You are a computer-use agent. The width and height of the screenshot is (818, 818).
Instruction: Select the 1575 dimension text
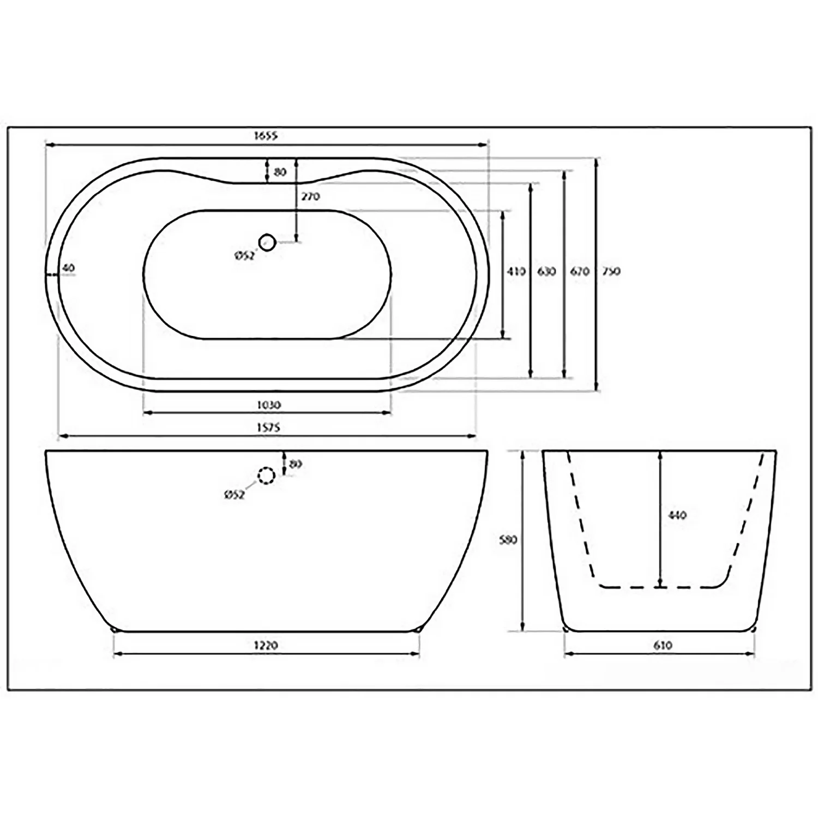coord(267,428)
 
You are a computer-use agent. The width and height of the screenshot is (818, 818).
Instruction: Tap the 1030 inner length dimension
coord(267,405)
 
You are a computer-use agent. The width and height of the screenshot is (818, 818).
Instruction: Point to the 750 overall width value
coord(611,271)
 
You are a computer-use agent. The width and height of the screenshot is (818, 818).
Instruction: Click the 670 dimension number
coord(579,271)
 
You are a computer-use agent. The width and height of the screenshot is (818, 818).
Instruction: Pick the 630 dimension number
coord(546,271)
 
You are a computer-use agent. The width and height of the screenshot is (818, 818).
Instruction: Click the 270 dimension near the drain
coord(310,196)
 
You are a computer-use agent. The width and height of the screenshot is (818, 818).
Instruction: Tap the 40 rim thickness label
coord(68,268)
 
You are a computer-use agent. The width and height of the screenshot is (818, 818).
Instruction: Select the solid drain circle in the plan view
coord(267,242)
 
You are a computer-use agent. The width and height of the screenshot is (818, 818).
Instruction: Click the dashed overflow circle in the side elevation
coord(266,477)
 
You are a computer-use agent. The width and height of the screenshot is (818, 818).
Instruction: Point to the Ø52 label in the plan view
coord(244,256)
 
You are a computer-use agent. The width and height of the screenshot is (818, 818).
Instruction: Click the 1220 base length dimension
coord(266,646)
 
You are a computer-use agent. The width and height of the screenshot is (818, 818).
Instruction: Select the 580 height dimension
coord(508,540)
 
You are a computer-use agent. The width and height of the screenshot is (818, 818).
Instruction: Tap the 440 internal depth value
coord(677,515)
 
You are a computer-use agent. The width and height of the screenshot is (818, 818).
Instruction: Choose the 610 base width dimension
coord(661,646)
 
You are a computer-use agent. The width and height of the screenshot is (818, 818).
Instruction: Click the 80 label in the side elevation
coord(295,465)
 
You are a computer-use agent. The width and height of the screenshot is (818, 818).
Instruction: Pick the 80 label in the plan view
coord(280,172)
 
